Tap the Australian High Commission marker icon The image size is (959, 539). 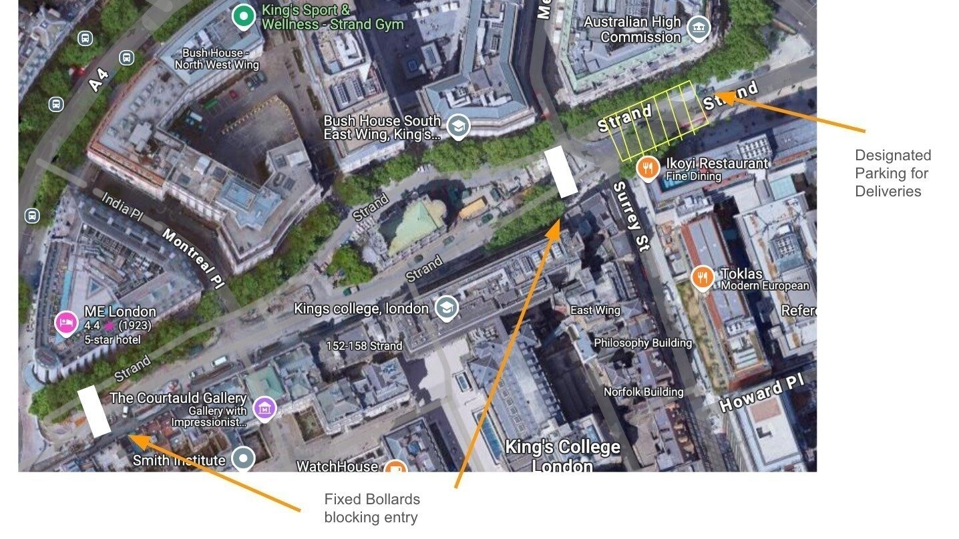[699, 28]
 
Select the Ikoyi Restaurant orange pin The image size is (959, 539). [647, 168]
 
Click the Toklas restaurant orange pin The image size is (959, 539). [703, 277]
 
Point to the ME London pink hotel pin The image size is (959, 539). [66, 323]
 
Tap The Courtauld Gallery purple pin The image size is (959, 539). [265, 407]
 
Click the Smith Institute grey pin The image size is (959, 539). [243, 459]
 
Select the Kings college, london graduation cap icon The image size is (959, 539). [445, 308]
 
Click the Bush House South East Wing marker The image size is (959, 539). [457, 126]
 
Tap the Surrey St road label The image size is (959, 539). [630, 216]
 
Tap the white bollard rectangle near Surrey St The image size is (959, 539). [561, 172]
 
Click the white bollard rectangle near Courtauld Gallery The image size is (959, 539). [94, 411]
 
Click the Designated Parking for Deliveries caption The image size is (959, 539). [892, 173]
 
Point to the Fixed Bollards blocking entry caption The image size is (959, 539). [372, 508]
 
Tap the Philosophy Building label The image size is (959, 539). [642, 343]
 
